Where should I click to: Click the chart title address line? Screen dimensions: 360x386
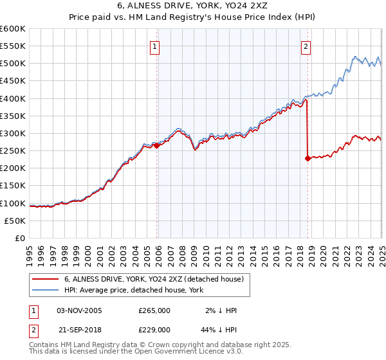[192, 7]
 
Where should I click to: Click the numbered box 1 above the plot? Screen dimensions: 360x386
[156, 46]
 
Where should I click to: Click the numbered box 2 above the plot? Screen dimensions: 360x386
[306, 46]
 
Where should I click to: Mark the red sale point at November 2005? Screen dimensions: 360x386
[157, 146]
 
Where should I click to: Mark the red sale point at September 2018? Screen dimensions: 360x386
[308, 158]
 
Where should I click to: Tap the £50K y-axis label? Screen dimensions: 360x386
[15, 221]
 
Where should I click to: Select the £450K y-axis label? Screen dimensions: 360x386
[13, 81]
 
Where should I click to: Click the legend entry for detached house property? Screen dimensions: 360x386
[153, 280]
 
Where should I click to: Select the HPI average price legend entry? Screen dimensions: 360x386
[134, 291]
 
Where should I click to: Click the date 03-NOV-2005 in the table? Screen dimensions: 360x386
[79, 310]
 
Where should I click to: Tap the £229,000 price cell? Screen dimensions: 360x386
[154, 329]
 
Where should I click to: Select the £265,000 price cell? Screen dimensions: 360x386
[154, 310]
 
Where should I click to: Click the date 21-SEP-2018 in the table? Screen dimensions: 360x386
[79, 329]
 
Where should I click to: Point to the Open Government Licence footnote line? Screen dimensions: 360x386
[136, 352]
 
